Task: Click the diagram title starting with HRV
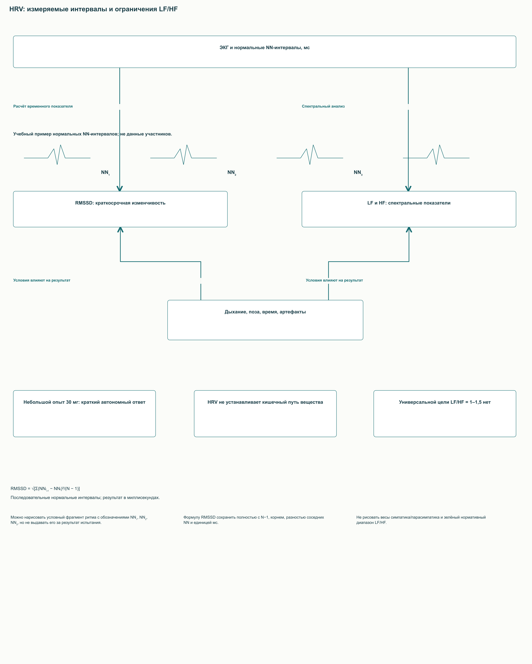tap(93, 9)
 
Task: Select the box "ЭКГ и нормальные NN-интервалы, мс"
tap(265, 52)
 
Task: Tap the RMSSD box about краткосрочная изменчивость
tap(120, 209)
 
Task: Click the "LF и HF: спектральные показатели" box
tap(409, 209)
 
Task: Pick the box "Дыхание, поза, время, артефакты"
tap(265, 320)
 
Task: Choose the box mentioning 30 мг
tap(84, 414)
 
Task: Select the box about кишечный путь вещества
tap(265, 414)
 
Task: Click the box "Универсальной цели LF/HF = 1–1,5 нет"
tap(445, 414)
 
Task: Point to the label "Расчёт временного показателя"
tap(43, 106)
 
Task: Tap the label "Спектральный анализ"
tap(323, 106)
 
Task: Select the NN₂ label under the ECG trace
tap(232, 173)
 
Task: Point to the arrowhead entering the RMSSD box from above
tap(120, 188)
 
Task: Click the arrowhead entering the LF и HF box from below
tap(409, 230)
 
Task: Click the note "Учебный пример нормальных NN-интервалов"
tap(93, 134)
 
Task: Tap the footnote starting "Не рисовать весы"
tap(421, 520)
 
